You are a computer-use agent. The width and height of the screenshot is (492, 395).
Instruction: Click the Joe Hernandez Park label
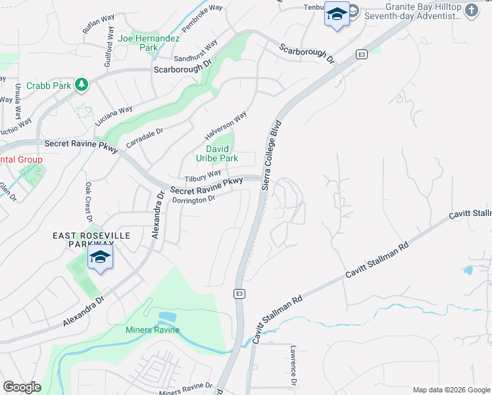(149, 43)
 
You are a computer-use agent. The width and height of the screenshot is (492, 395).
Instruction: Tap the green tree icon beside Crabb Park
(82, 84)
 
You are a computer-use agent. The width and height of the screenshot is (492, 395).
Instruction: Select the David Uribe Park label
(217, 153)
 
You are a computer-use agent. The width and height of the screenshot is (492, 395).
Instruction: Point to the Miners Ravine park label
(153, 330)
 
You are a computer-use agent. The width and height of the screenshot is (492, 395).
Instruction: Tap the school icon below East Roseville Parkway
(100, 257)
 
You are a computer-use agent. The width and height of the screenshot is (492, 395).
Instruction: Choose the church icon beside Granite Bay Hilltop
(472, 10)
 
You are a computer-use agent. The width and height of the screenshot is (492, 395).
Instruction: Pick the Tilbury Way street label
(203, 177)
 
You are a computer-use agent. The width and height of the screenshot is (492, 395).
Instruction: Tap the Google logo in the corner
(22, 387)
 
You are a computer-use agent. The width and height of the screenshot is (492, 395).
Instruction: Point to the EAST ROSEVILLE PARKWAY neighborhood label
(92, 240)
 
